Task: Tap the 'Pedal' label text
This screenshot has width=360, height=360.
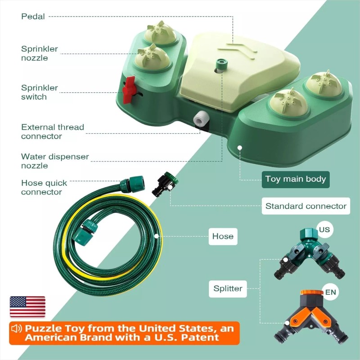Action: point(33,17)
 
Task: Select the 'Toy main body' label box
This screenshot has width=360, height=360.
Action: point(295,179)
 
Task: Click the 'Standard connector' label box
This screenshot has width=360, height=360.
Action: point(306,206)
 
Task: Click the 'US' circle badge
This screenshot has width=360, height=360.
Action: point(324,229)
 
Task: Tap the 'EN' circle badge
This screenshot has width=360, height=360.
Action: point(330,292)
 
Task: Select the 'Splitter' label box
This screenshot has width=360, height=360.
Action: point(228,288)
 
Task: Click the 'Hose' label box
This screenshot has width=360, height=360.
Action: point(223,236)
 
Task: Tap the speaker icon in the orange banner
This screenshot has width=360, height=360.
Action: point(17,328)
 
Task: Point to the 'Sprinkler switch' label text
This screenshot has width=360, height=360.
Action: point(40,92)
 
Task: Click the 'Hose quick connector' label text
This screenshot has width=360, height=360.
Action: point(44,188)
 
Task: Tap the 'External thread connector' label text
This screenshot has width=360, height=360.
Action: point(52,131)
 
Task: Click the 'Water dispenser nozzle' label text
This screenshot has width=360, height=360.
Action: point(55,161)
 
